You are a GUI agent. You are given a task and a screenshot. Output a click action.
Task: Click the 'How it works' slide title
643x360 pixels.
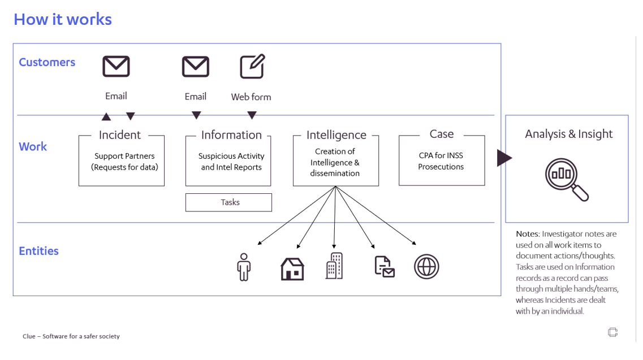(x=63, y=19)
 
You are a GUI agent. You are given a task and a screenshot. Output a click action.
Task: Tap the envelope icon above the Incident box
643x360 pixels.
(x=116, y=67)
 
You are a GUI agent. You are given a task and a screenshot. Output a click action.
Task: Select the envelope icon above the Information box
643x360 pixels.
(x=196, y=67)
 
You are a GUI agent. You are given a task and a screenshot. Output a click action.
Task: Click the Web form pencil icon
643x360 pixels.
(x=252, y=67)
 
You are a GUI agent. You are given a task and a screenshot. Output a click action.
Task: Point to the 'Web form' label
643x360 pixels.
(x=251, y=97)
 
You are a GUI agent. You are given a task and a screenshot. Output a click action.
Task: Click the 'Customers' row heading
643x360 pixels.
(x=47, y=62)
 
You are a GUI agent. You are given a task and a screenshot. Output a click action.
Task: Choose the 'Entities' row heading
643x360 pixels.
(x=38, y=251)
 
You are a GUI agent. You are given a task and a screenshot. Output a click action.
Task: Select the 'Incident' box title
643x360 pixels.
(x=120, y=135)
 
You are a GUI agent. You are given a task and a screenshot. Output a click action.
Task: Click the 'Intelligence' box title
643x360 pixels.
(x=336, y=135)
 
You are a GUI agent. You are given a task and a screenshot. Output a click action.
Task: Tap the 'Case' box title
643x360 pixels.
(x=442, y=134)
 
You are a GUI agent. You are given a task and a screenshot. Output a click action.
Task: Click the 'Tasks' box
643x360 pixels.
(x=229, y=202)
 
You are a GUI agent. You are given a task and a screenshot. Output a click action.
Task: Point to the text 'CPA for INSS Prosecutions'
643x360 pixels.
(x=441, y=161)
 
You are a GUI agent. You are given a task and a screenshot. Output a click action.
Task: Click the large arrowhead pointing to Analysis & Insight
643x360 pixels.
(x=504, y=158)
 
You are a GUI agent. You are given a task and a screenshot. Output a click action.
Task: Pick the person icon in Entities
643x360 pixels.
(x=244, y=267)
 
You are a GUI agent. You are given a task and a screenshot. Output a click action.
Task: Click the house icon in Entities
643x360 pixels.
(x=292, y=268)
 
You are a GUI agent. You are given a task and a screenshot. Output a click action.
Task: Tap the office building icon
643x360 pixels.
(x=334, y=266)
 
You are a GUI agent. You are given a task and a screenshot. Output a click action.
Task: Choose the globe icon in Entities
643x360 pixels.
(x=426, y=267)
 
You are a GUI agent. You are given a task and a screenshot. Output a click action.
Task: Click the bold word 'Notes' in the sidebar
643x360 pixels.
(x=528, y=234)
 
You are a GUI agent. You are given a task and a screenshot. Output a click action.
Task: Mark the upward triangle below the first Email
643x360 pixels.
(x=106, y=117)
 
